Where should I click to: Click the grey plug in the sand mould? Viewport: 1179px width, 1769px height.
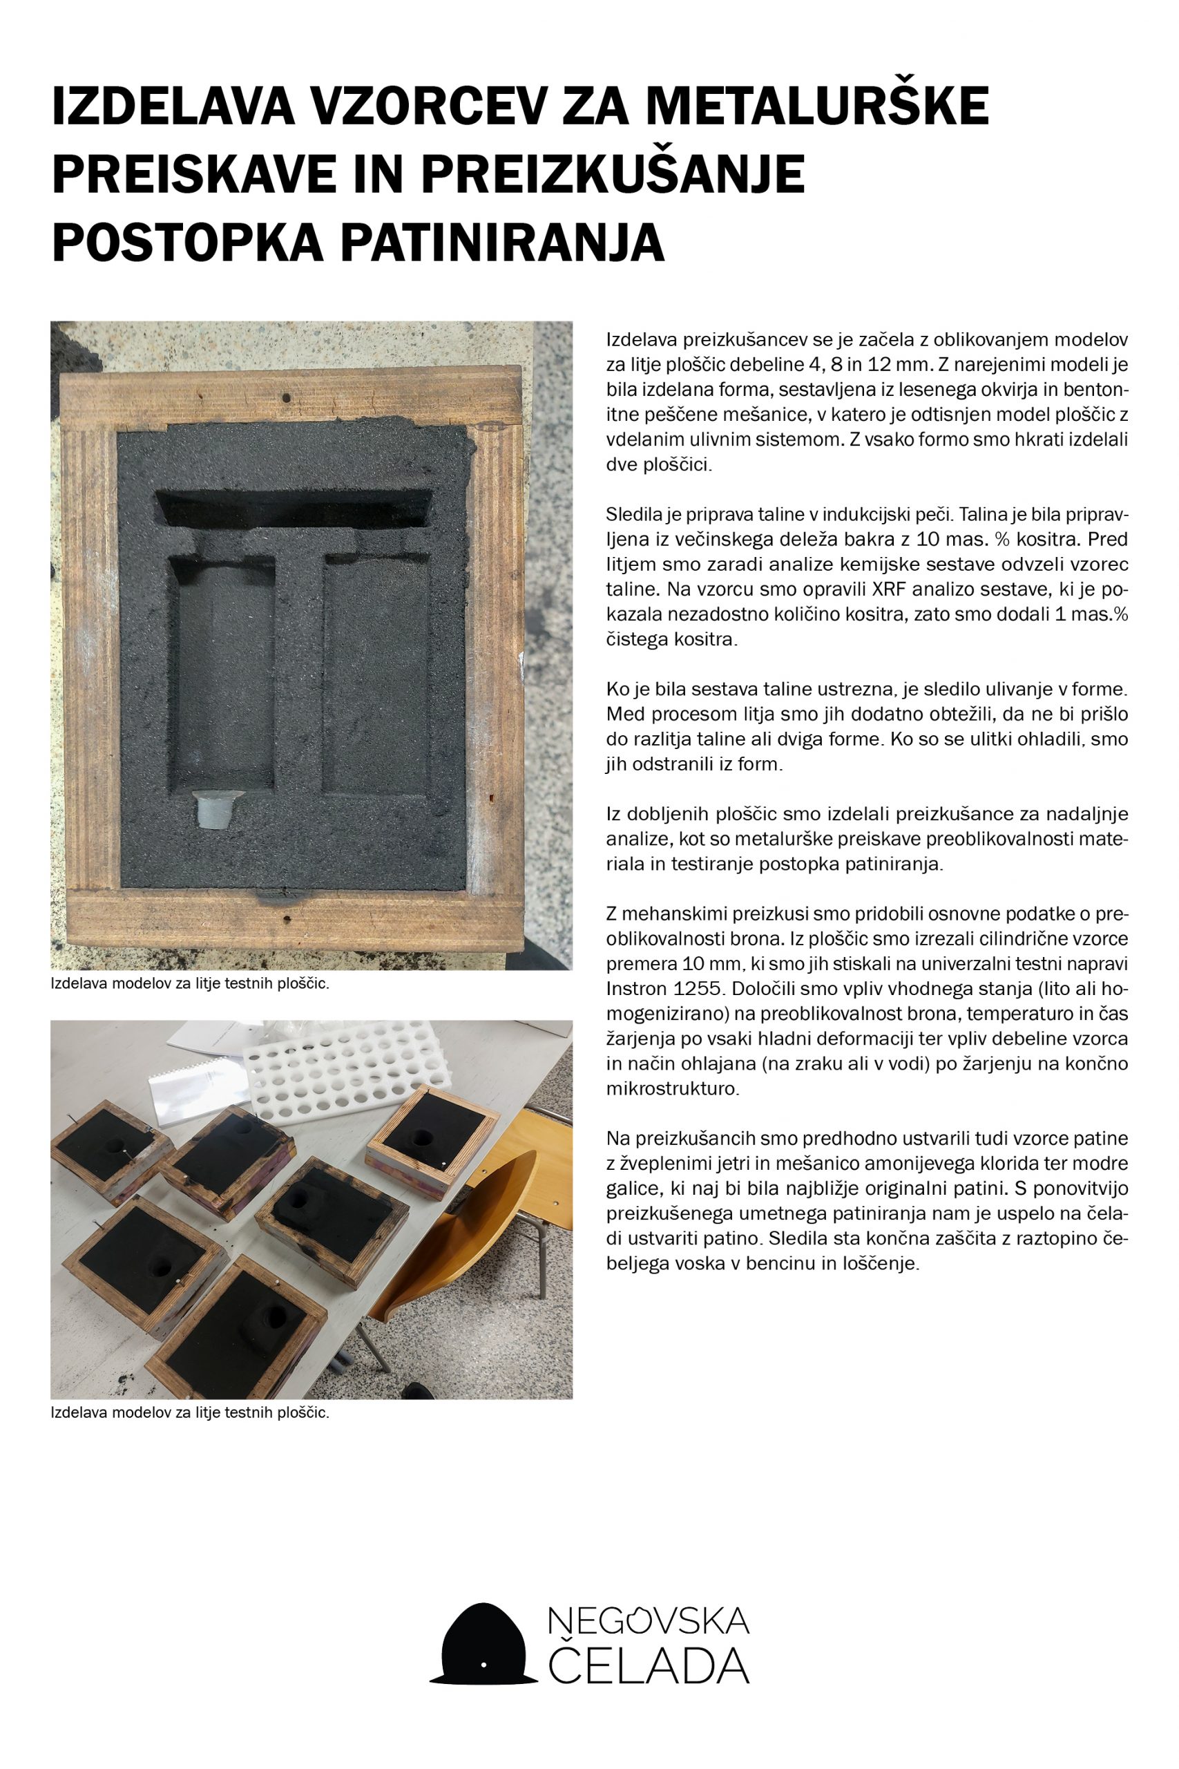tap(211, 808)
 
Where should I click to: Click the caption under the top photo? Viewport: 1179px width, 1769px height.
tap(190, 985)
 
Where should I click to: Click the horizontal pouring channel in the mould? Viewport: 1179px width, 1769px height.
tap(294, 509)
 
